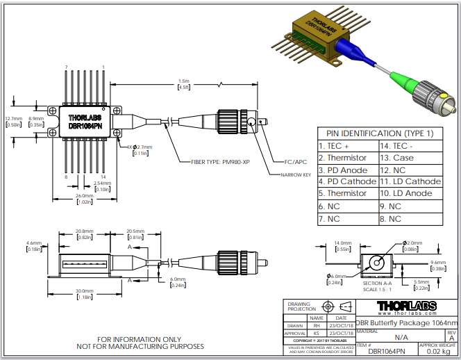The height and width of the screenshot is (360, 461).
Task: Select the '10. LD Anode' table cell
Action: [411, 193]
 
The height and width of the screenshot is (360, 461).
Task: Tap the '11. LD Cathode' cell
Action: [411, 181]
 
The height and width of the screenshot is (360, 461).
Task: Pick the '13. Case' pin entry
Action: [411, 158]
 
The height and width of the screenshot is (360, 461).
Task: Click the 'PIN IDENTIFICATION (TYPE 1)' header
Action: [379, 133]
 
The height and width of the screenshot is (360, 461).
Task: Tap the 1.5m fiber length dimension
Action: [184, 84]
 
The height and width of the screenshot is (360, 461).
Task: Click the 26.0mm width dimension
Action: [83, 198]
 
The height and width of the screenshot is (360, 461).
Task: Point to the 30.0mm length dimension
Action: [83, 293]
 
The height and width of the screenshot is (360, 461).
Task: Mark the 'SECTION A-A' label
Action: [377, 284]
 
